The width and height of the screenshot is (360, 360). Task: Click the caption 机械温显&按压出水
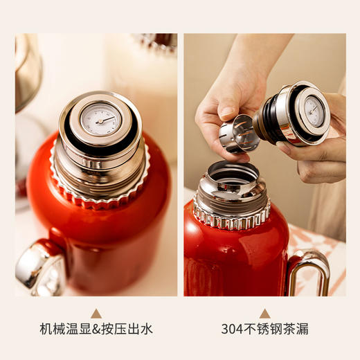pyautogui.click(x=96, y=329)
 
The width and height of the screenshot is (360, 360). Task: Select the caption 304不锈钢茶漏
pyautogui.click(x=264, y=329)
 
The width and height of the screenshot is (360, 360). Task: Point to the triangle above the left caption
pyautogui.click(x=96, y=313)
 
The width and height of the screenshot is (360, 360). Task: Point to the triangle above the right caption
pyautogui.click(x=264, y=313)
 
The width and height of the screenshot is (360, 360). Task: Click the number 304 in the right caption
pyautogui.click(x=231, y=329)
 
